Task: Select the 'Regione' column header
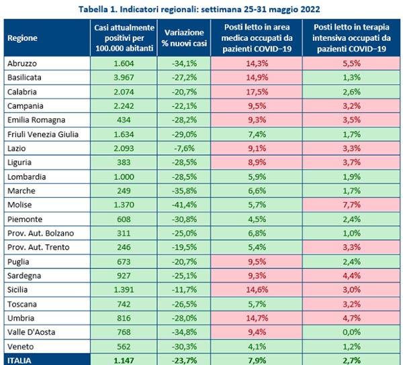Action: click(22, 37)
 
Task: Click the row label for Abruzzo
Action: click(22, 62)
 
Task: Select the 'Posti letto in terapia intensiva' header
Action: click(353, 37)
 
